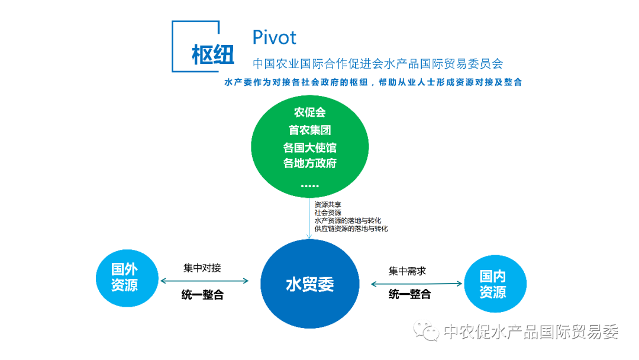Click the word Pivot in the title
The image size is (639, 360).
[275, 37]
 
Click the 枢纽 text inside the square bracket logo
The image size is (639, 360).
[213, 54]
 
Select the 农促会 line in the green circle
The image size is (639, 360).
[309, 112]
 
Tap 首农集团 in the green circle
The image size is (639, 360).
[309, 130]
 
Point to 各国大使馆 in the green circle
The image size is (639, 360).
[309, 147]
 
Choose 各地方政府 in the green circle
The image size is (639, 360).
[309, 163]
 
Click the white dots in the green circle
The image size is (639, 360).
[309, 186]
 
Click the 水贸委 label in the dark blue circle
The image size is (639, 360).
[309, 284]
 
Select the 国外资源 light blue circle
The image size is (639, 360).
[127, 278]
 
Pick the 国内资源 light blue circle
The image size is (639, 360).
[495, 284]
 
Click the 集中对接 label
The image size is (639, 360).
[202, 268]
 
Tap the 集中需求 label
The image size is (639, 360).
[407, 271]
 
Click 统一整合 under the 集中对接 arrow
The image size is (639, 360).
[202, 294]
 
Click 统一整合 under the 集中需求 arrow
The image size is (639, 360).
[409, 294]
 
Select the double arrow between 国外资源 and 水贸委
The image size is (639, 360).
[205, 281]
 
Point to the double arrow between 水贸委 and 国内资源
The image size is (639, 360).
[417, 284]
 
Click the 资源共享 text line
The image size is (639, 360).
[328, 205]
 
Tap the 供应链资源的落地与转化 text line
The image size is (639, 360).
[351, 229]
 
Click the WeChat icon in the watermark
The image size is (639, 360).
[426, 330]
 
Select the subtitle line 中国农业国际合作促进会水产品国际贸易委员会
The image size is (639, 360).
[377, 63]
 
